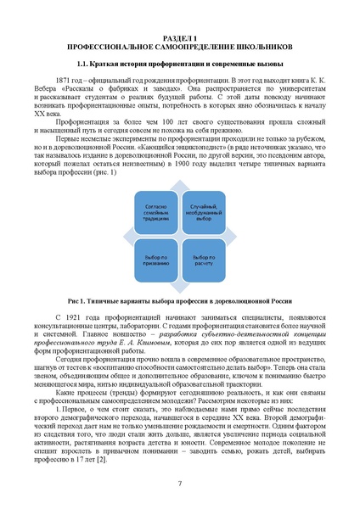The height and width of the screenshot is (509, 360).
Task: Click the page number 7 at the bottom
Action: click(x=179, y=483)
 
